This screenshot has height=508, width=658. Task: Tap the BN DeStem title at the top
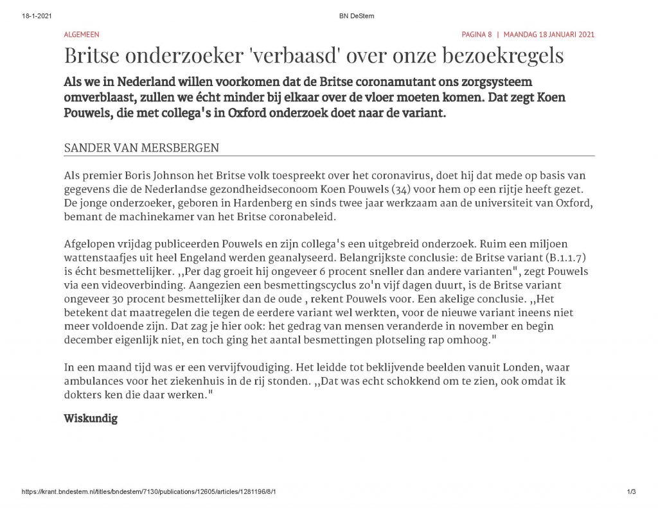(356, 16)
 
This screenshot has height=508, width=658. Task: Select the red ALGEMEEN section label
(82, 35)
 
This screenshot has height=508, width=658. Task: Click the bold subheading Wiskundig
(91, 419)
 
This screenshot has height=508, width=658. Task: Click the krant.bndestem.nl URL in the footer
(150, 492)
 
